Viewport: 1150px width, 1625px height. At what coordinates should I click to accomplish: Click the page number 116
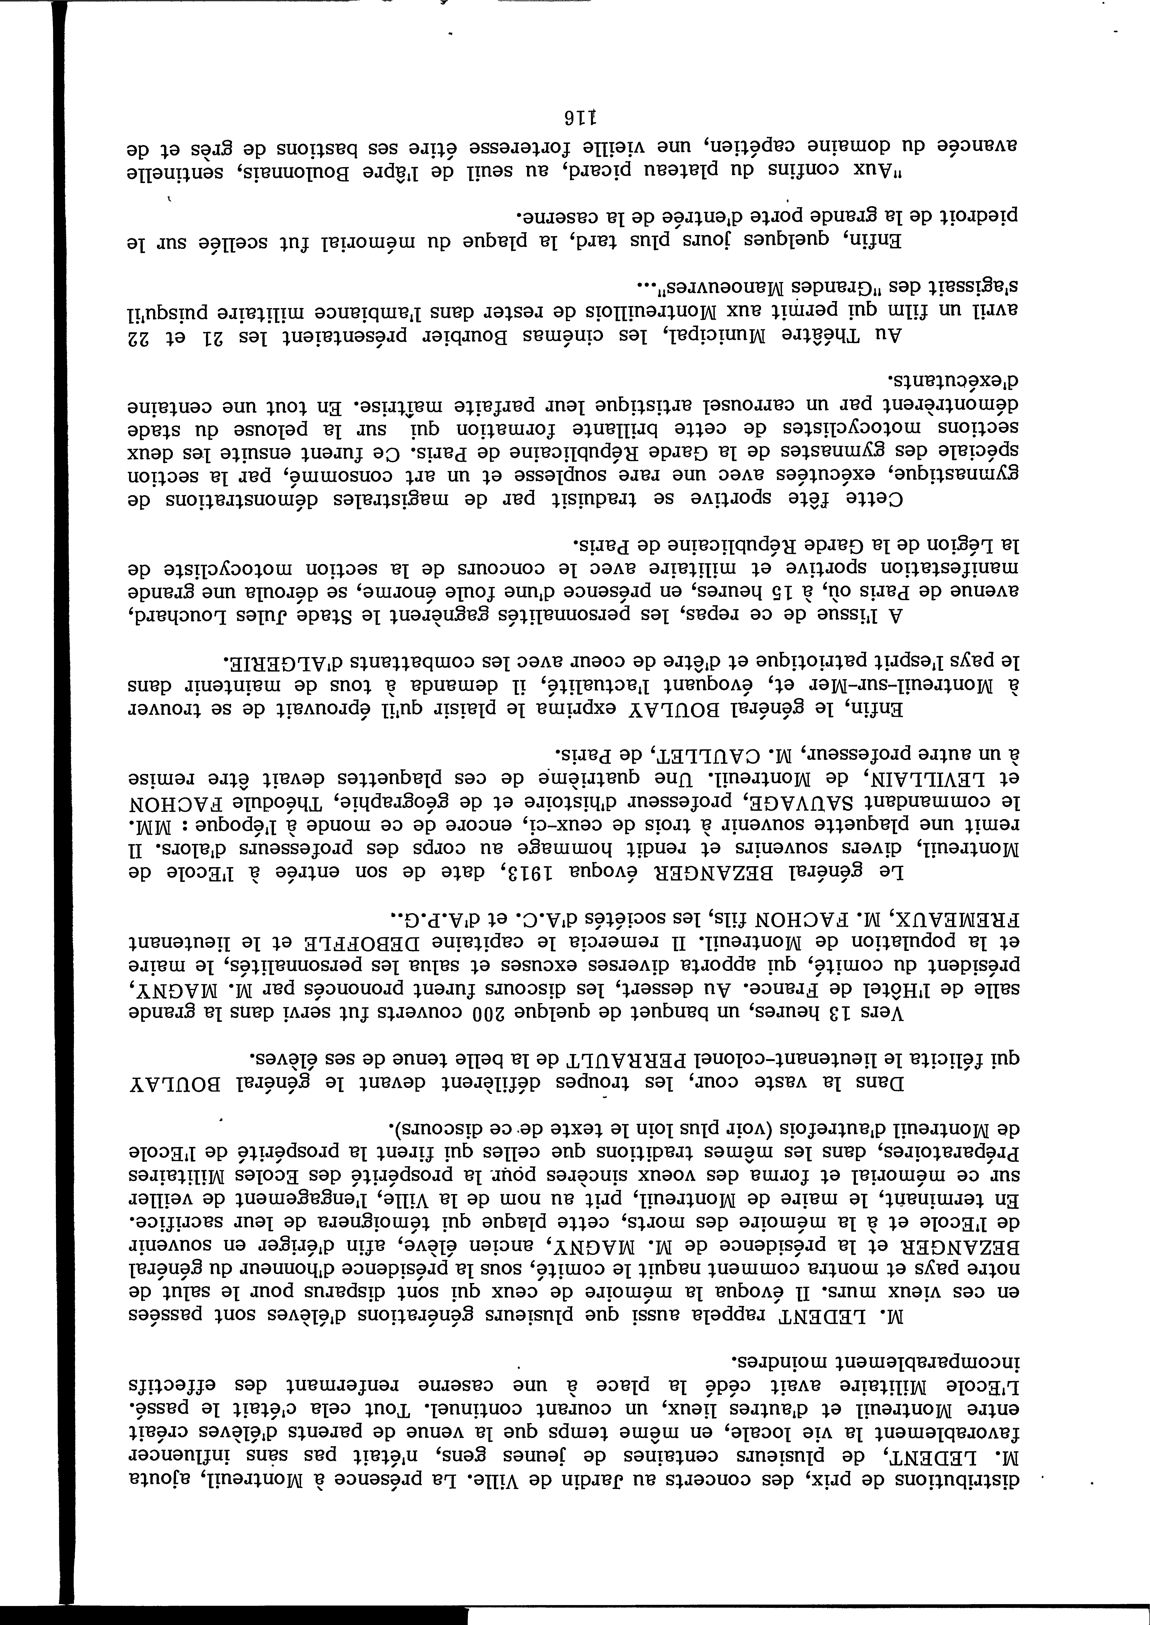click(575, 115)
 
